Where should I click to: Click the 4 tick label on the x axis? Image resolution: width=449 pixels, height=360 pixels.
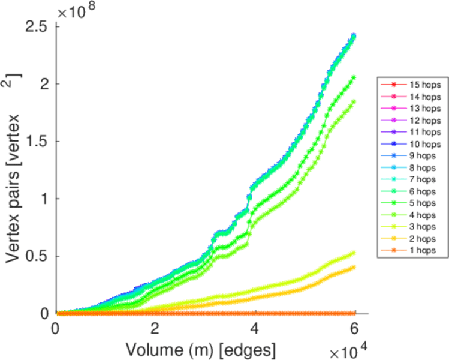255,329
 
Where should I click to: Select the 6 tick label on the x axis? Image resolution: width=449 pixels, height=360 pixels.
354,329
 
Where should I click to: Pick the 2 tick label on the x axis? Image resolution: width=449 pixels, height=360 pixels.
155,329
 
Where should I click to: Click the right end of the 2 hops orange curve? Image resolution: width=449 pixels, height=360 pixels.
354,267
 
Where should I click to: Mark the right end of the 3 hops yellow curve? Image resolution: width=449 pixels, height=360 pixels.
354,253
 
